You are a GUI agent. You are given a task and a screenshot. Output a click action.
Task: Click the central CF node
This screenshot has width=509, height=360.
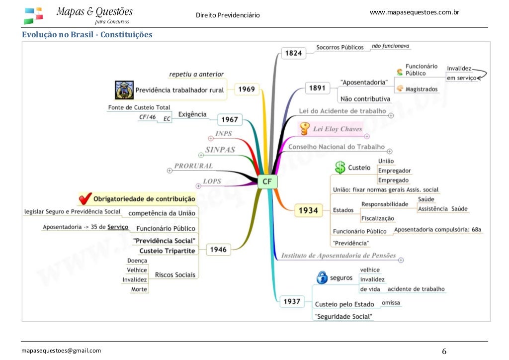[x=267, y=181]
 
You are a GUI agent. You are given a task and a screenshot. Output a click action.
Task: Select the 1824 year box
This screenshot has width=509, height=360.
[x=294, y=53]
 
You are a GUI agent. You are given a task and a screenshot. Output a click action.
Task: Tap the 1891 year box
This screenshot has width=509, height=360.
[x=317, y=88]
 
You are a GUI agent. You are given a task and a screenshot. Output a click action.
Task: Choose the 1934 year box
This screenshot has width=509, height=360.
[x=308, y=210]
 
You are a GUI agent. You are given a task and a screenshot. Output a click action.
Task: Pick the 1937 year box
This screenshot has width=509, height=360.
[x=292, y=301]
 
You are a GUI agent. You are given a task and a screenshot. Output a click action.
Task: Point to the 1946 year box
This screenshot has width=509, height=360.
[x=218, y=250]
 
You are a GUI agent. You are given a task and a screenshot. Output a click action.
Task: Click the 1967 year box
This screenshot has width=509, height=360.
[x=230, y=119]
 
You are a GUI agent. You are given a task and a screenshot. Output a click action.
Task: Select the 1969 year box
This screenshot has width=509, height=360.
[x=247, y=90]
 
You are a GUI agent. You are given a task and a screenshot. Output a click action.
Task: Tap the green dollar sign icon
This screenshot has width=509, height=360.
[x=340, y=167]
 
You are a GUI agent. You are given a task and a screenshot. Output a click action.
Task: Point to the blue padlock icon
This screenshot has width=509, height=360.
[x=322, y=277]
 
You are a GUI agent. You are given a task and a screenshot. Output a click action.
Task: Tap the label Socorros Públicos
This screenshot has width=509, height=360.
[x=340, y=47]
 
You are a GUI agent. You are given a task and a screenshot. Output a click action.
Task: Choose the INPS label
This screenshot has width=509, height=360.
[x=223, y=134]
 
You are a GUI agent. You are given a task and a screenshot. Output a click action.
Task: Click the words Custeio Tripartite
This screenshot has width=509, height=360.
[x=167, y=251]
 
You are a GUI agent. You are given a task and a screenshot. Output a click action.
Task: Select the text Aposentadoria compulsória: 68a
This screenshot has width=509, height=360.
[x=437, y=230]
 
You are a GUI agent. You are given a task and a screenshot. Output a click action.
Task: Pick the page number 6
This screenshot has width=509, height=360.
[x=444, y=352]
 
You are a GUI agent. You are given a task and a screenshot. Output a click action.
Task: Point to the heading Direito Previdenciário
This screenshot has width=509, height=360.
[x=228, y=15]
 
